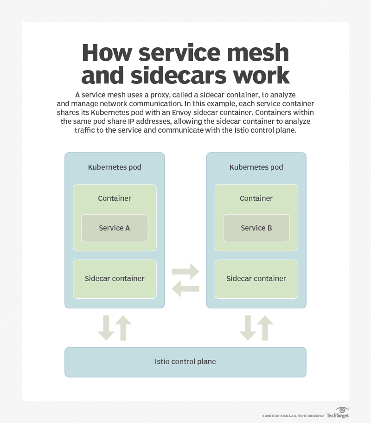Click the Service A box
[x=115, y=228]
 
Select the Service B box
[x=256, y=228]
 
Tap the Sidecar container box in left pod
[x=115, y=279]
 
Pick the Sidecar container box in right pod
[x=256, y=279]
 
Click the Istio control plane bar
[x=185, y=362]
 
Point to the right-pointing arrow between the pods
[x=185, y=271]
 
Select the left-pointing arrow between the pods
[x=185, y=288]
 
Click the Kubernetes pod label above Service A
[x=115, y=167]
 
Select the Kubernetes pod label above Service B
[x=256, y=167]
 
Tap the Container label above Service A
[x=115, y=199]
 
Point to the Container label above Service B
[x=256, y=199]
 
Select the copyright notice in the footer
[x=293, y=416]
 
